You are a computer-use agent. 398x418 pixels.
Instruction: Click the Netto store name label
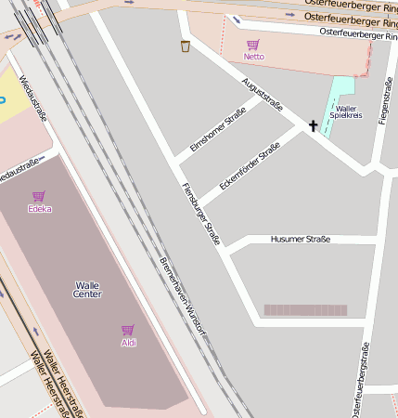coord(253,57)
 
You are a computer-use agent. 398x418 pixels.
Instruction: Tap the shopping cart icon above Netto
coord(253,44)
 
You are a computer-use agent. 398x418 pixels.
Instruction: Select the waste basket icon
coord(186,46)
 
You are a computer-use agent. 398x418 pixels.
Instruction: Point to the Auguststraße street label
coord(262,94)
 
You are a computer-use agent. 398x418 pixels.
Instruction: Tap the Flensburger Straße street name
coord(200,213)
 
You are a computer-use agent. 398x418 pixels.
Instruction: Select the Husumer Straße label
coord(300,239)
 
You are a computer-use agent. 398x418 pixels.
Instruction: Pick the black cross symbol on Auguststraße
coord(313,125)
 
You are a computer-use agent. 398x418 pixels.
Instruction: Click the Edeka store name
coord(39,209)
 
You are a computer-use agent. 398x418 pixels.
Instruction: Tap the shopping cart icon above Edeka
coord(38,196)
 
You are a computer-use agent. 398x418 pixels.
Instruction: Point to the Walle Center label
coord(86,290)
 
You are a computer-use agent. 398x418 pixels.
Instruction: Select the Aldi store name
coord(128,343)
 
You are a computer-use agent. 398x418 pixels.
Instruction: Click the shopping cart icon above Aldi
coord(128,330)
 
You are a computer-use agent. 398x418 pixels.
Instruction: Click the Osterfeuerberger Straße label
coord(357,33)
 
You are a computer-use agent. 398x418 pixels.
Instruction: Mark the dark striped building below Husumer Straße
coord(305,310)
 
